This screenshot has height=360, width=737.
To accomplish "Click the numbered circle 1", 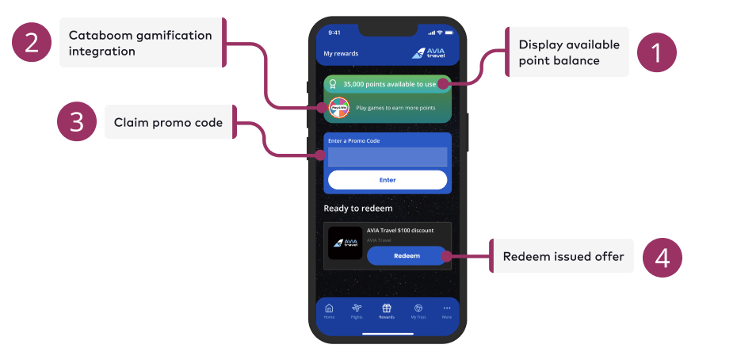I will (x=655, y=53).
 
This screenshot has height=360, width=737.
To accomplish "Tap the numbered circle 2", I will (x=32, y=43).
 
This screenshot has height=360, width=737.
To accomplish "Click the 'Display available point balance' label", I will (x=568, y=52).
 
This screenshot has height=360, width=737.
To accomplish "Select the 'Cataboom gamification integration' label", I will (x=140, y=43).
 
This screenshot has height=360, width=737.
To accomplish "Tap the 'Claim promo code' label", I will (x=168, y=123).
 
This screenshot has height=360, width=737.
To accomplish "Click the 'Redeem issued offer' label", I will (x=563, y=256).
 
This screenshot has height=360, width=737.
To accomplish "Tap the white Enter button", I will (x=388, y=180).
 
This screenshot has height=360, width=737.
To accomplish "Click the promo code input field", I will (x=388, y=157).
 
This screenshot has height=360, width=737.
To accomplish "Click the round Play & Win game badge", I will (x=339, y=107).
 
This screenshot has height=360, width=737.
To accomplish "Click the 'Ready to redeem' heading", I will (x=358, y=209).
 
